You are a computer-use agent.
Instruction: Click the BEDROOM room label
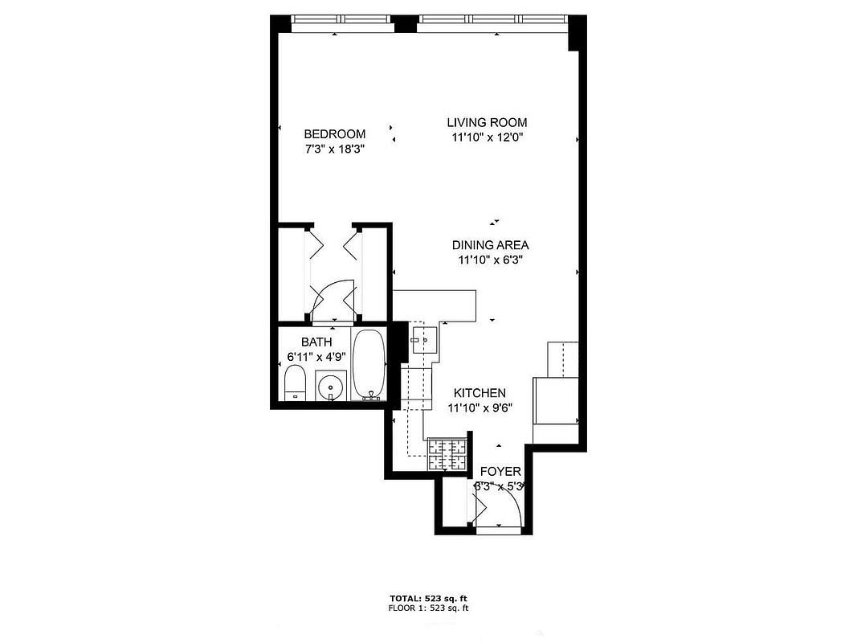[x=334, y=134]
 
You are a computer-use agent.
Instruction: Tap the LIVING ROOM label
[x=487, y=123]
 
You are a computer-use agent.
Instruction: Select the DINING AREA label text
[x=490, y=245]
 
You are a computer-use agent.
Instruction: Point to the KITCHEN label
[x=480, y=393]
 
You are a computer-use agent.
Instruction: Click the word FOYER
[x=500, y=472]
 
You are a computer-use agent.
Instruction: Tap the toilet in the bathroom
[x=295, y=383]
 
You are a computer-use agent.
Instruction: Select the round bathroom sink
[x=329, y=387]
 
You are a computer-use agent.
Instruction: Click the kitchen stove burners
[x=447, y=455]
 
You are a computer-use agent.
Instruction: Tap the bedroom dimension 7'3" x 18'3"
[x=334, y=149]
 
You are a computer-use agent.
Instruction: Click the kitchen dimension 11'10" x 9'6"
[x=480, y=408]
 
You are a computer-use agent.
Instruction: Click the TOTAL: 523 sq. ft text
[x=428, y=599]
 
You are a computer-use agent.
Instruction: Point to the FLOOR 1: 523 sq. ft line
[x=428, y=608]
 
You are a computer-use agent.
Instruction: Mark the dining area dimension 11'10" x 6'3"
[x=490, y=260]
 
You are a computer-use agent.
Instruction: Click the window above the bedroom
[x=342, y=19]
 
